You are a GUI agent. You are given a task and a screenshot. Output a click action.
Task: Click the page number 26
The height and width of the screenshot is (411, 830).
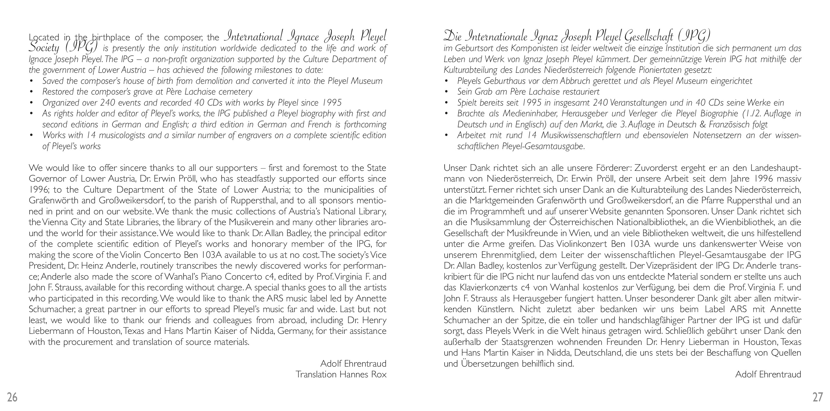(12, 397)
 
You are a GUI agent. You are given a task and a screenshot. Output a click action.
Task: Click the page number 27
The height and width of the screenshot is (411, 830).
(818, 397)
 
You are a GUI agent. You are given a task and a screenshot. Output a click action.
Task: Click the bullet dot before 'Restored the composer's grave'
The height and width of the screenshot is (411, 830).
(31, 92)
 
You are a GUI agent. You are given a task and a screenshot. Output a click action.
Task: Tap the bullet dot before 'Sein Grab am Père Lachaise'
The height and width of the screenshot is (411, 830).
(446, 92)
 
